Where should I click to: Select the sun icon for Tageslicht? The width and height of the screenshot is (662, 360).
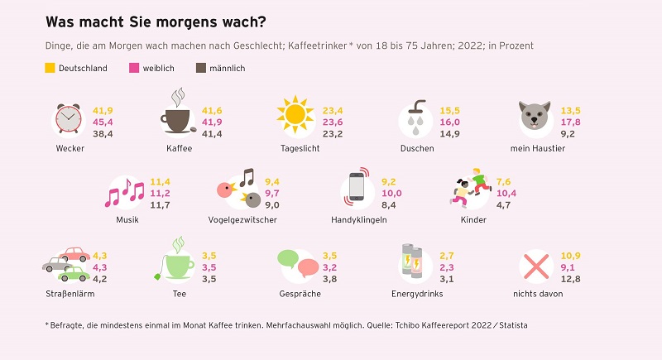pos(295,118)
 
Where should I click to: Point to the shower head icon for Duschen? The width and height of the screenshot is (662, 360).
pos(413,119)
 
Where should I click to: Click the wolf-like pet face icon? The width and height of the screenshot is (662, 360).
pos(534,119)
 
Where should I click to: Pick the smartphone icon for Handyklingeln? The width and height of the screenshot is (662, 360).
pos(357,187)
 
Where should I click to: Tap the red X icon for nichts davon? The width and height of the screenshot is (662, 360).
pos(535,266)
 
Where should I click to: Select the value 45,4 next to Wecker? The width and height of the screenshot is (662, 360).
pos(103,122)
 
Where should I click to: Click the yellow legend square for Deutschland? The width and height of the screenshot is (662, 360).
pos(50,68)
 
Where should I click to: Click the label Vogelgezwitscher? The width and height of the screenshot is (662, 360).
pos(242,219)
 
